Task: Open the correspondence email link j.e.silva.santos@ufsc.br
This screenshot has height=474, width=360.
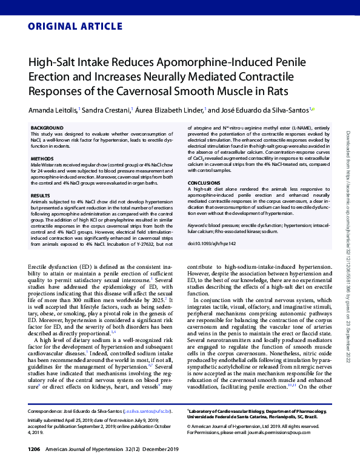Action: [x=148, y=410]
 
